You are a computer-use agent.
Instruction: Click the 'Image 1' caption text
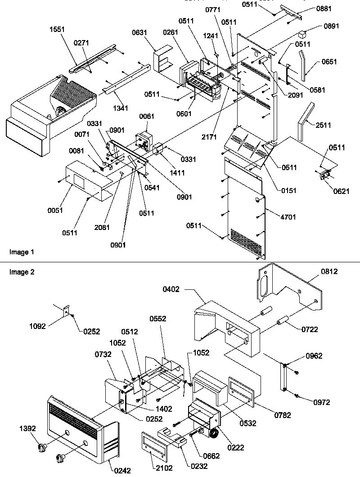[21, 252]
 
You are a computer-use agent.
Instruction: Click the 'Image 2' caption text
[21, 272]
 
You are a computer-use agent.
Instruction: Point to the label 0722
[310, 329]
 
